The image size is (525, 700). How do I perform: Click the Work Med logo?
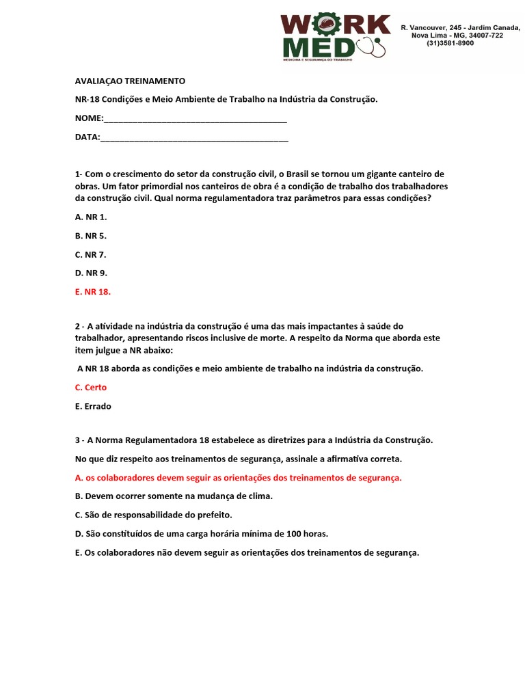point(335,38)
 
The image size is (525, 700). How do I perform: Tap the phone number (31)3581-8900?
point(450,43)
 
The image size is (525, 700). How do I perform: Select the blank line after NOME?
point(196,118)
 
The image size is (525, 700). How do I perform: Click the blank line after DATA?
point(194,137)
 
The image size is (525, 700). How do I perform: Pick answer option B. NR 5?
point(91,236)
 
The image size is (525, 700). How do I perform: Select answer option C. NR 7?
point(91,254)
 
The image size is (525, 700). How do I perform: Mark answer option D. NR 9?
point(91,273)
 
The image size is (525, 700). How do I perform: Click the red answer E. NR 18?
point(93,292)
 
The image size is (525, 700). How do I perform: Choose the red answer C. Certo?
point(91,388)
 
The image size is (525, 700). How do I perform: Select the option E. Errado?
point(93,406)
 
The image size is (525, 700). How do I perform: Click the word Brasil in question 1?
point(301,174)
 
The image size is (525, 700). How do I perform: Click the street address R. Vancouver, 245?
point(433,27)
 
